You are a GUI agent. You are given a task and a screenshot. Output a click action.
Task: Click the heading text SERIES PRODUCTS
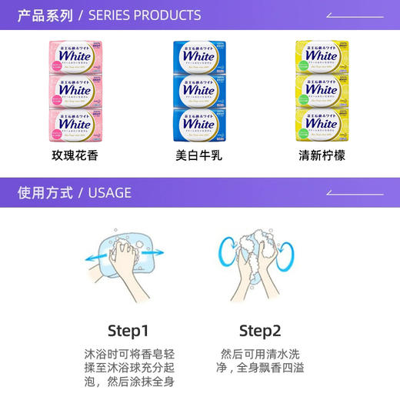(145, 15)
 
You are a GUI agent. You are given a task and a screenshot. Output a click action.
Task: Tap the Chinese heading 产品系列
(45, 15)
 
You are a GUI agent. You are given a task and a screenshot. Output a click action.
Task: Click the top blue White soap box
(199, 56)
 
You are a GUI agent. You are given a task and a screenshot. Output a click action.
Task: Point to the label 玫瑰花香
(75, 155)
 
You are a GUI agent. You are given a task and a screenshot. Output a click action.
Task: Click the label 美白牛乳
(199, 155)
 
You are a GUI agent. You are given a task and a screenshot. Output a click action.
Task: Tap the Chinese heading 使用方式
(45, 193)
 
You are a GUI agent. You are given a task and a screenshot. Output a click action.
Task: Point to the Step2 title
(261, 331)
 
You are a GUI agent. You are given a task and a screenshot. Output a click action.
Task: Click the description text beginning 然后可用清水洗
(261, 362)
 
